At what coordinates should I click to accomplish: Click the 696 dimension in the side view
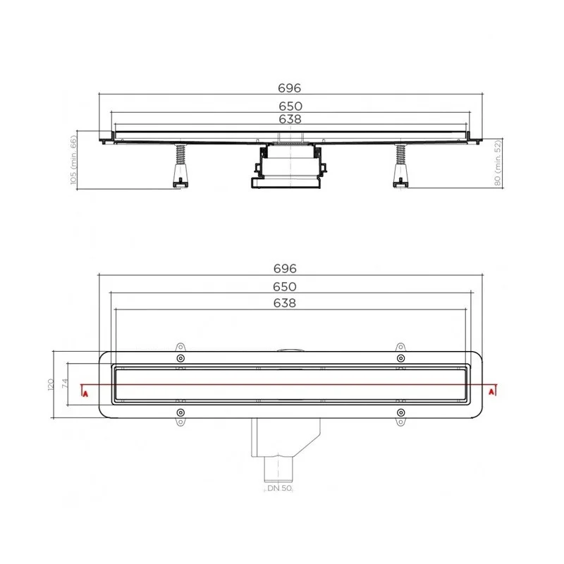(289, 88)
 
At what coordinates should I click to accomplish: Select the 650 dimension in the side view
(290, 106)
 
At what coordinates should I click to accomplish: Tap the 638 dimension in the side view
(290, 119)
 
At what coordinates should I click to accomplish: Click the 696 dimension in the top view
(285, 269)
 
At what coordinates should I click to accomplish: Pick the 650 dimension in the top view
(285, 287)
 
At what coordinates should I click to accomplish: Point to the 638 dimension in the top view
(285, 303)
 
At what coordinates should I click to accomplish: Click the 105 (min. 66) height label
(73, 160)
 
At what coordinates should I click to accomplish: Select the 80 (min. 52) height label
(498, 163)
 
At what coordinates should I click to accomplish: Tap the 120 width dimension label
(50, 384)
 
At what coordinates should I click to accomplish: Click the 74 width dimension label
(65, 384)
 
